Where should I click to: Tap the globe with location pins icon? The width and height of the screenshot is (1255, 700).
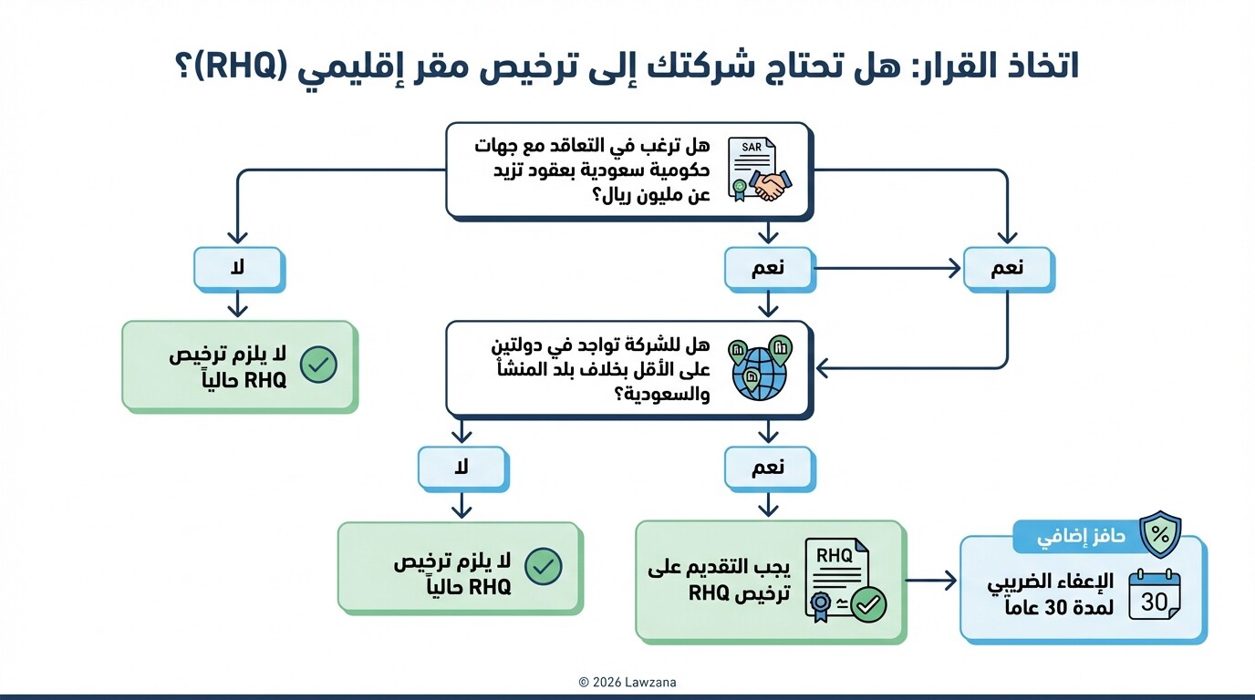pyautogui.click(x=759, y=368)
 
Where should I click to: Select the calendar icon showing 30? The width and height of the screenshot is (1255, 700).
pyautogui.click(x=1154, y=594)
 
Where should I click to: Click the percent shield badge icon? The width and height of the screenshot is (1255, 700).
pyautogui.click(x=1160, y=535)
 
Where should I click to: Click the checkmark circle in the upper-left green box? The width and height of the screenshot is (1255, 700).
pyautogui.click(x=318, y=365)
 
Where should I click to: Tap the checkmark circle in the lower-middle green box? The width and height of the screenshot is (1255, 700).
pyautogui.click(x=544, y=566)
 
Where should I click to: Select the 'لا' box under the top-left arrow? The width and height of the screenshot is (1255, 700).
pyautogui.click(x=238, y=269)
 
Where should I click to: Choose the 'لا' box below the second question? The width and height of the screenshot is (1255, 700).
pyautogui.click(x=462, y=468)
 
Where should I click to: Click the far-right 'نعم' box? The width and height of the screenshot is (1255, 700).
pyautogui.click(x=1008, y=269)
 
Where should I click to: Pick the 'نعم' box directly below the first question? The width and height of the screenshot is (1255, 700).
pyautogui.click(x=769, y=269)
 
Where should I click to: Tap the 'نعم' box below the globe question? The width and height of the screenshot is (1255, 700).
pyautogui.click(x=769, y=468)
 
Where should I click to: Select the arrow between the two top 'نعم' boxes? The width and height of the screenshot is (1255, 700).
pyautogui.click(x=888, y=269)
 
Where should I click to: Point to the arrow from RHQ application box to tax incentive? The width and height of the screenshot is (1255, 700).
pyautogui.click(x=931, y=581)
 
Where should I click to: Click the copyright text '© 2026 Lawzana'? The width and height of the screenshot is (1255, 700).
pyautogui.click(x=627, y=682)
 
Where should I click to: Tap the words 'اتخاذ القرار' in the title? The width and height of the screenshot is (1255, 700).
pyautogui.click(x=1003, y=67)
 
